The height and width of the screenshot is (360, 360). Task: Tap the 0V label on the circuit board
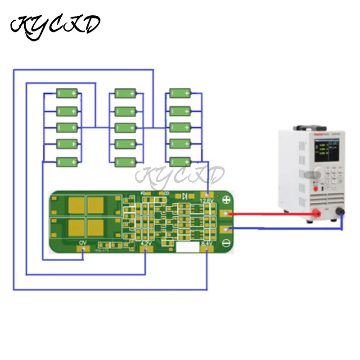click(x=82, y=243)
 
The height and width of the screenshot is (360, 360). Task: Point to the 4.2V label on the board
click(x=146, y=243)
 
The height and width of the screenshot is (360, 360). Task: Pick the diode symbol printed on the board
click(x=184, y=195)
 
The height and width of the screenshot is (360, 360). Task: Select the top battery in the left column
click(x=68, y=94)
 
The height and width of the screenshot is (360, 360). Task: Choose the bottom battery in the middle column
click(x=126, y=162)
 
